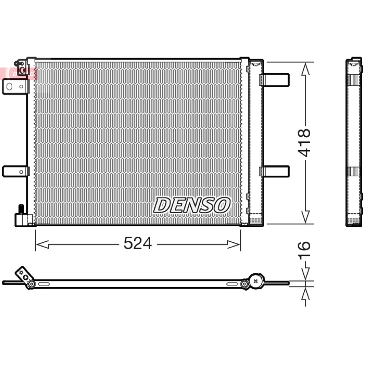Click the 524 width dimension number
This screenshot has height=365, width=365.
pyautogui.click(x=138, y=243)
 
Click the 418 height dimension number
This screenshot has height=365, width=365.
pyautogui.click(x=304, y=143)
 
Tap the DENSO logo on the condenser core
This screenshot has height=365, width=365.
pyautogui.click(x=192, y=205)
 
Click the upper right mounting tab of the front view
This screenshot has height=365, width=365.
pyautogui.click(x=275, y=80)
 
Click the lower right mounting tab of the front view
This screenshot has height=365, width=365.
pyautogui.click(x=275, y=172)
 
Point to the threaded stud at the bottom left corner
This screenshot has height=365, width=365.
pyautogui.click(x=21, y=209)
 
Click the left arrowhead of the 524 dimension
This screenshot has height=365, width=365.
pyautogui.click(x=42, y=245)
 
